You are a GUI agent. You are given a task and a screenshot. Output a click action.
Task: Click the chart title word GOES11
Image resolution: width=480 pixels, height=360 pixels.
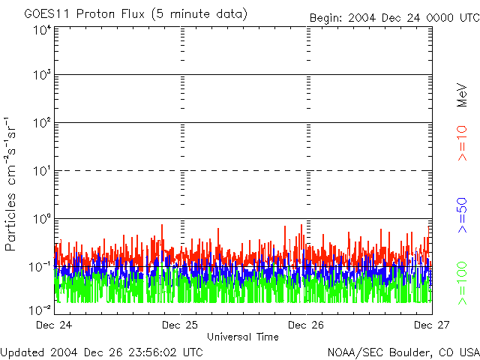pyautogui.click(x=43, y=14)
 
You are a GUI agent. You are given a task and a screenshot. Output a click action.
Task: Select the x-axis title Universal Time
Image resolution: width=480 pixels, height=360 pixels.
pyautogui.click(x=242, y=337)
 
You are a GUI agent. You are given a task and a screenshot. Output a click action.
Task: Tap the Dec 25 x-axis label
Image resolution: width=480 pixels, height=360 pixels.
pyautogui.click(x=179, y=325)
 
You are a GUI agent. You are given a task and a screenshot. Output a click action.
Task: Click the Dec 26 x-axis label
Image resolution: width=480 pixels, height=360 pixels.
pyautogui.click(x=306, y=325)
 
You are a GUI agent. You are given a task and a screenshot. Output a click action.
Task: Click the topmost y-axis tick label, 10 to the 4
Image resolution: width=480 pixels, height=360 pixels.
pyautogui.click(x=41, y=31)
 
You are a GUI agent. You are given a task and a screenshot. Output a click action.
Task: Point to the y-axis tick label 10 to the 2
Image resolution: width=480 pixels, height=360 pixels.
pyautogui.click(x=41, y=124)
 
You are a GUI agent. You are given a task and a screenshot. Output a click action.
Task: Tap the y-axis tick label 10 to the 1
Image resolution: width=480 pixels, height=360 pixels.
pyautogui.click(x=41, y=172)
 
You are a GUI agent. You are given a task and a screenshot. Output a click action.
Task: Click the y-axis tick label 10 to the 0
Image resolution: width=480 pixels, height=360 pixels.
pyautogui.click(x=41, y=220)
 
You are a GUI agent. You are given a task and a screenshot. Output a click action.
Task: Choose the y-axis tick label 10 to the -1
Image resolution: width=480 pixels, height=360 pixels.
pyautogui.click(x=40, y=267)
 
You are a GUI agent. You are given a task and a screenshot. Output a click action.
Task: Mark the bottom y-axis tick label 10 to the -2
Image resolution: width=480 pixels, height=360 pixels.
pyautogui.click(x=40, y=309)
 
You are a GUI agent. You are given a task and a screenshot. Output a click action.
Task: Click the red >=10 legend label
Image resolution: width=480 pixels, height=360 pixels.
pyautogui.click(x=463, y=143)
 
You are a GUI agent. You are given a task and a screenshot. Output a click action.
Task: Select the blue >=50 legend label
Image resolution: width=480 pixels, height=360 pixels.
pyautogui.click(x=463, y=214)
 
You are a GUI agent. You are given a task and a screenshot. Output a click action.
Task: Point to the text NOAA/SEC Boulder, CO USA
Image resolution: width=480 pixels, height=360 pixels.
pyautogui.click(x=403, y=352)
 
